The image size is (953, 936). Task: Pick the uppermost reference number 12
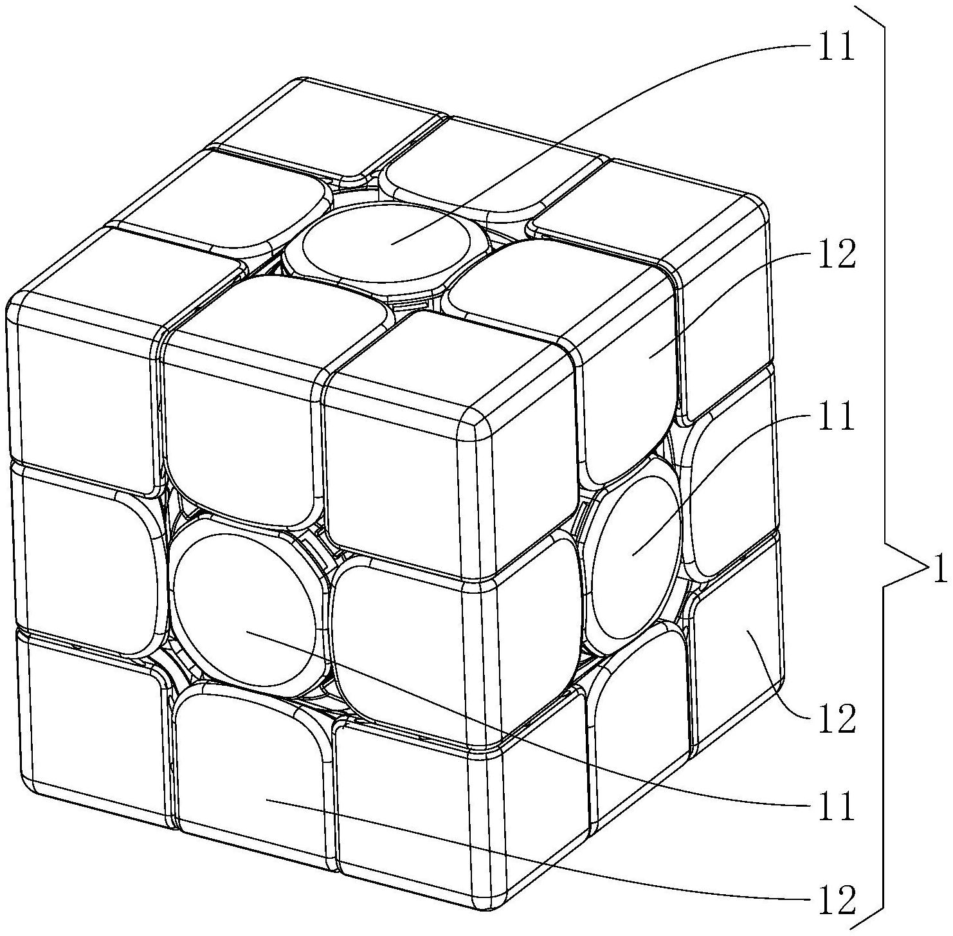click(836, 255)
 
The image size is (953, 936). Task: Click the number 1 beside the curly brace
click(939, 569)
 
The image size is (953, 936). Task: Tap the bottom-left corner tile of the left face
click(90, 727)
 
